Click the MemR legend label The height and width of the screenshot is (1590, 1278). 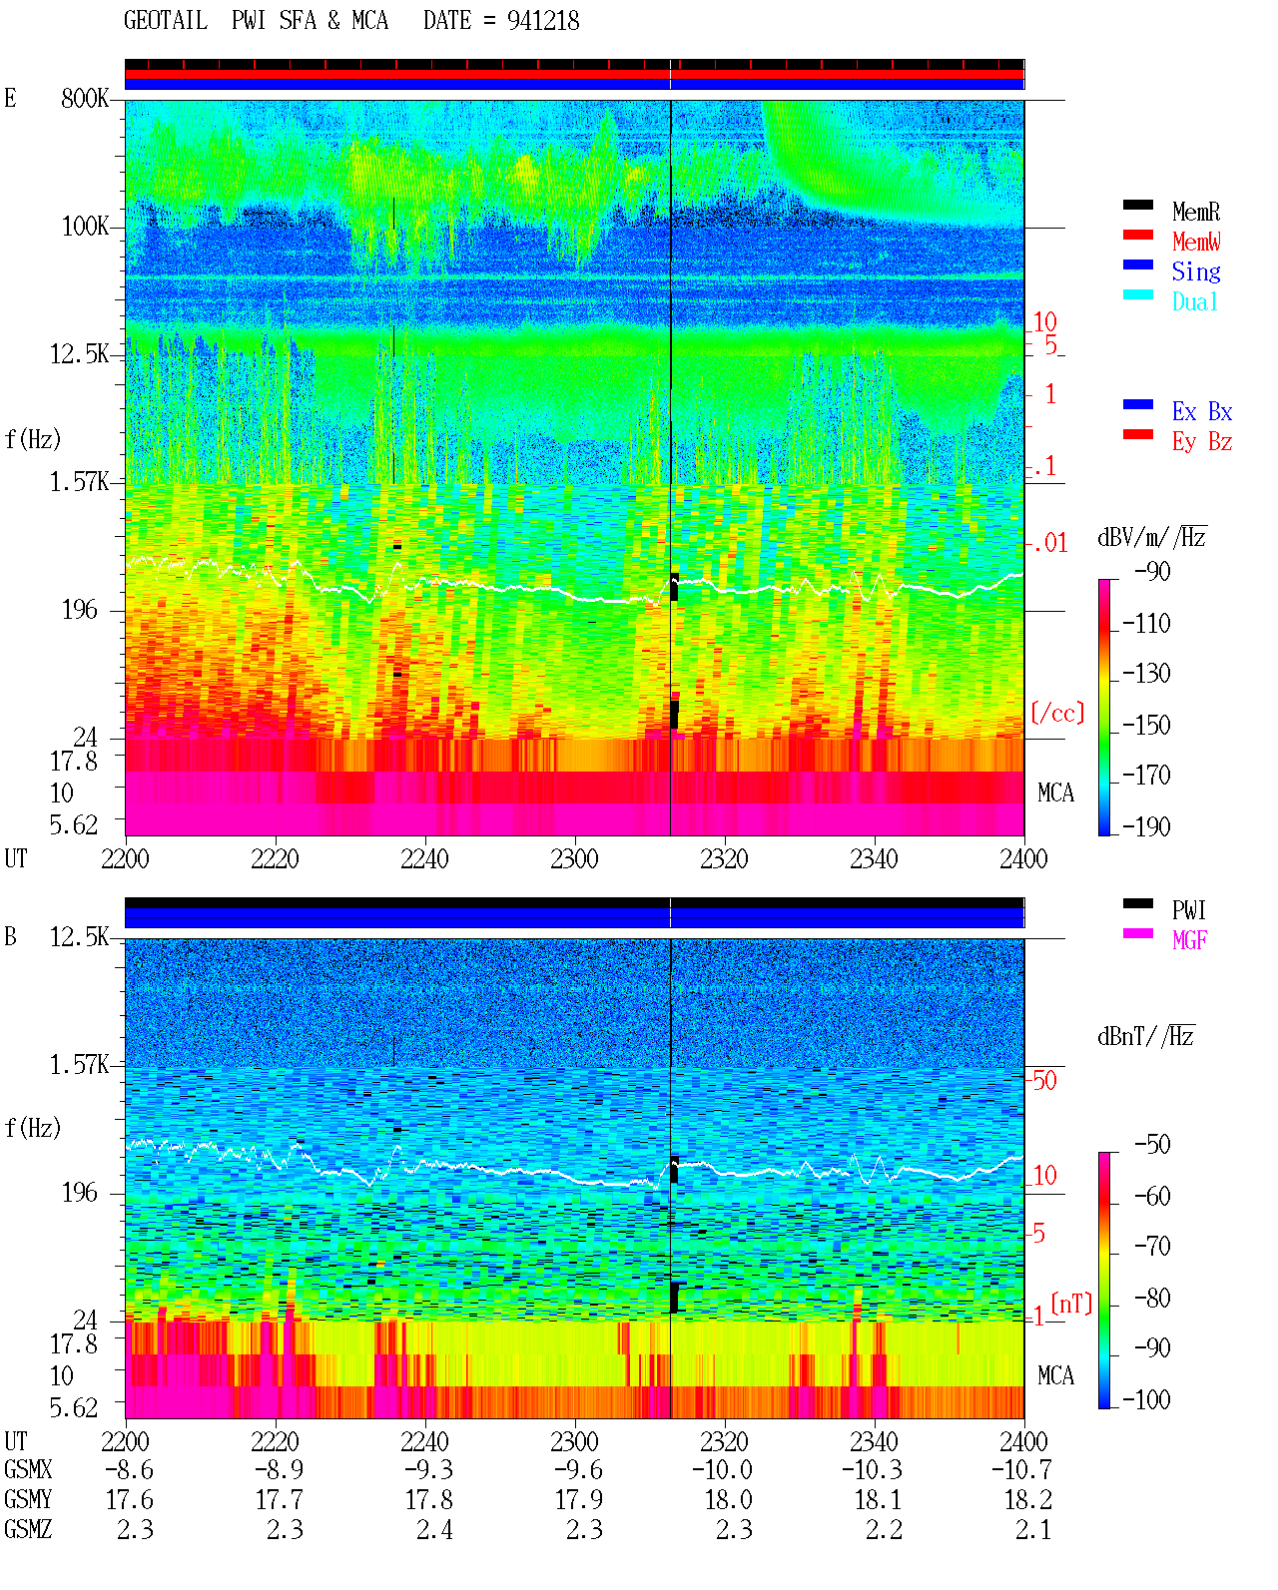click(1195, 212)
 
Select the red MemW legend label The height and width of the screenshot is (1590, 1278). click(1196, 242)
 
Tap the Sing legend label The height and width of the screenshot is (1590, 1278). click(1195, 271)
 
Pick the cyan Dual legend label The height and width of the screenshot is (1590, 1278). click(1194, 301)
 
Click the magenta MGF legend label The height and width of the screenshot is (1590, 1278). click(1189, 940)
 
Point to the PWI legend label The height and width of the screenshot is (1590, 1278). click(1188, 909)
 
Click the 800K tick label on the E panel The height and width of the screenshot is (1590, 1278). click(85, 98)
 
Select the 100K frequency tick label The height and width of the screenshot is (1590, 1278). click(85, 227)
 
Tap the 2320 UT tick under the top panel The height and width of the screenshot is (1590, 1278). click(724, 858)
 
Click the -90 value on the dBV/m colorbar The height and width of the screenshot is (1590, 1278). click(1152, 571)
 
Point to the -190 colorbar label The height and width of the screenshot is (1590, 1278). click(1146, 826)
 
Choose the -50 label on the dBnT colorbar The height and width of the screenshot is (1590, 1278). click(1152, 1144)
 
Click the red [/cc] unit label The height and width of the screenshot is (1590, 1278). click(1057, 713)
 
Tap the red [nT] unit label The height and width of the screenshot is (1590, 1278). click(1071, 1304)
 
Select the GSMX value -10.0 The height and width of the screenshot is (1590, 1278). click(722, 1469)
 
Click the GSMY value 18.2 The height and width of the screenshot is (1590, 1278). click(1027, 1499)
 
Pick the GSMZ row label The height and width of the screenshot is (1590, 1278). click(28, 1529)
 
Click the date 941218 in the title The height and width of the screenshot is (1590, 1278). click(543, 21)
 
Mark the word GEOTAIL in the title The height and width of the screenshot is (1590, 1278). click(166, 21)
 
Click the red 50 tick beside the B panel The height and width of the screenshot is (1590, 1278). click(1044, 1080)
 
